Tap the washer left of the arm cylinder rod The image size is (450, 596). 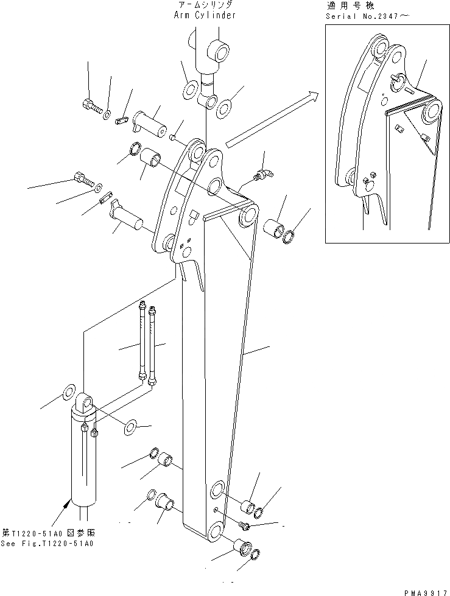189,90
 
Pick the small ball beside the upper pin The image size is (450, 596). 173,138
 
